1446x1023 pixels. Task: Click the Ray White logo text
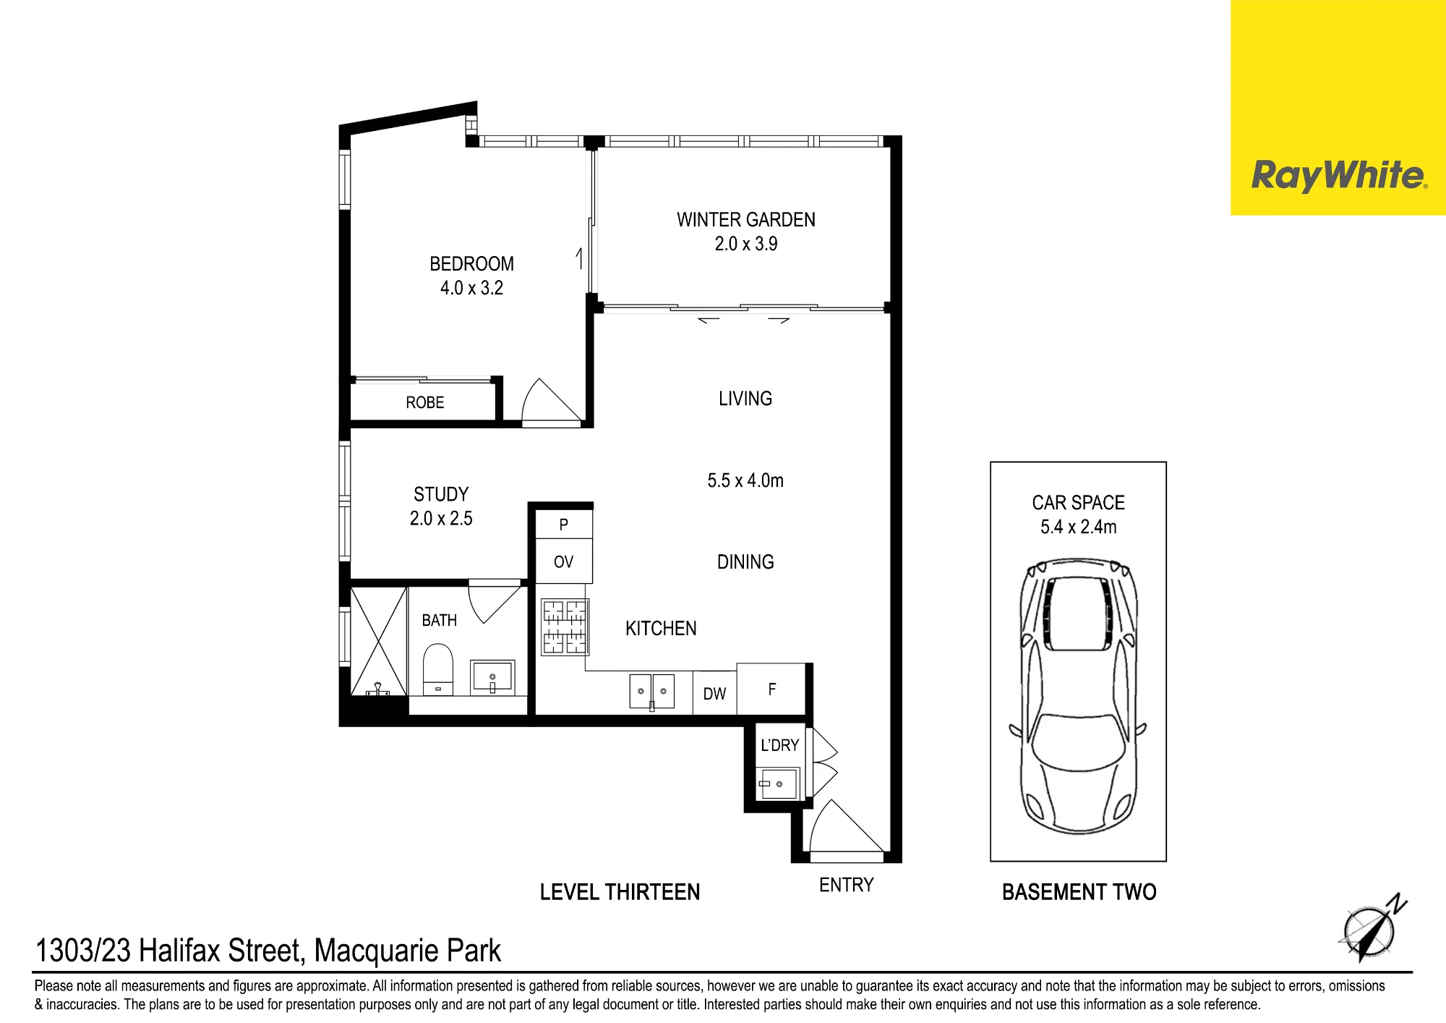click(x=1339, y=176)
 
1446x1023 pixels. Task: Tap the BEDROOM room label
click(x=471, y=264)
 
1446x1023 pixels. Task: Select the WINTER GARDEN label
click(x=746, y=220)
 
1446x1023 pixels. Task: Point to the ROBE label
click(x=425, y=403)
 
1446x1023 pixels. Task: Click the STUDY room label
click(x=441, y=495)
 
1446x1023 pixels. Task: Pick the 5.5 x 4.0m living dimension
click(x=745, y=480)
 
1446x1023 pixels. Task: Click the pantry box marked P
click(x=564, y=524)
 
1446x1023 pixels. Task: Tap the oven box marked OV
click(x=564, y=561)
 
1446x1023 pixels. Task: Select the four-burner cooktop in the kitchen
click(x=565, y=627)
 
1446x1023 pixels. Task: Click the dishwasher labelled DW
click(x=714, y=693)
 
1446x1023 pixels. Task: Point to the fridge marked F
click(x=771, y=689)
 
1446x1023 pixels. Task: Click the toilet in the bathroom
click(x=437, y=670)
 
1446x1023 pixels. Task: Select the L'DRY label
click(x=779, y=745)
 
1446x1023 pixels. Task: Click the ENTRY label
click(x=847, y=885)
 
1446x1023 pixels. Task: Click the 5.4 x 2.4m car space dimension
click(x=1078, y=527)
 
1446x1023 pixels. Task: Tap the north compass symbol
click(x=1372, y=929)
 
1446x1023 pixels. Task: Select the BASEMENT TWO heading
click(x=1079, y=892)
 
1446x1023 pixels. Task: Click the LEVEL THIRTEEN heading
click(x=620, y=892)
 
